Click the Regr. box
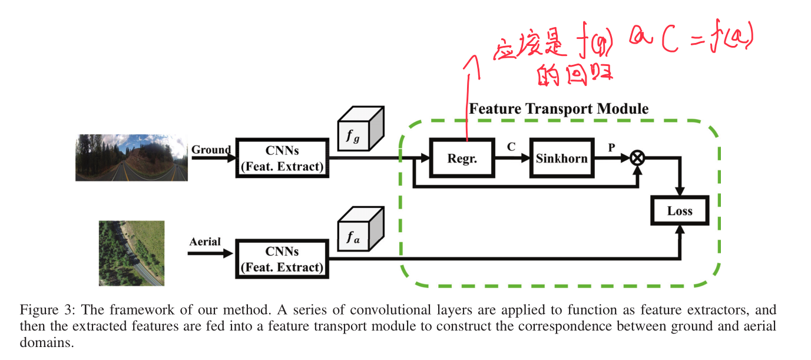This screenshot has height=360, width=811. pyautogui.click(x=462, y=158)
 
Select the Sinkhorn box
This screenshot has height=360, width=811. pyautogui.click(x=561, y=158)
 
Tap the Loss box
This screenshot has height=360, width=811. pyautogui.click(x=679, y=211)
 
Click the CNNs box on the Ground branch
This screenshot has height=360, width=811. pyautogui.click(x=282, y=158)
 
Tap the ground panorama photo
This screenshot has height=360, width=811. pyautogui.click(x=131, y=157)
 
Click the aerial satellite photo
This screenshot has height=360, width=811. pyautogui.click(x=131, y=253)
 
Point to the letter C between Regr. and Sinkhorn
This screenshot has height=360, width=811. pyautogui.click(x=511, y=147)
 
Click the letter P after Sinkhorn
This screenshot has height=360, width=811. pyautogui.click(x=612, y=147)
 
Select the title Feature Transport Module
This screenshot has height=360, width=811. pyautogui.click(x=558, y=109)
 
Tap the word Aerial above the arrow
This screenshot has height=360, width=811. pyautogui.click(x=205, y=242)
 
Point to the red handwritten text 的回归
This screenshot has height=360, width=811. pyautogui.click(x=575, y=76)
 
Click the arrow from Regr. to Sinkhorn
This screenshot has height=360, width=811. pyautogui.click(x=511, y=158)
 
